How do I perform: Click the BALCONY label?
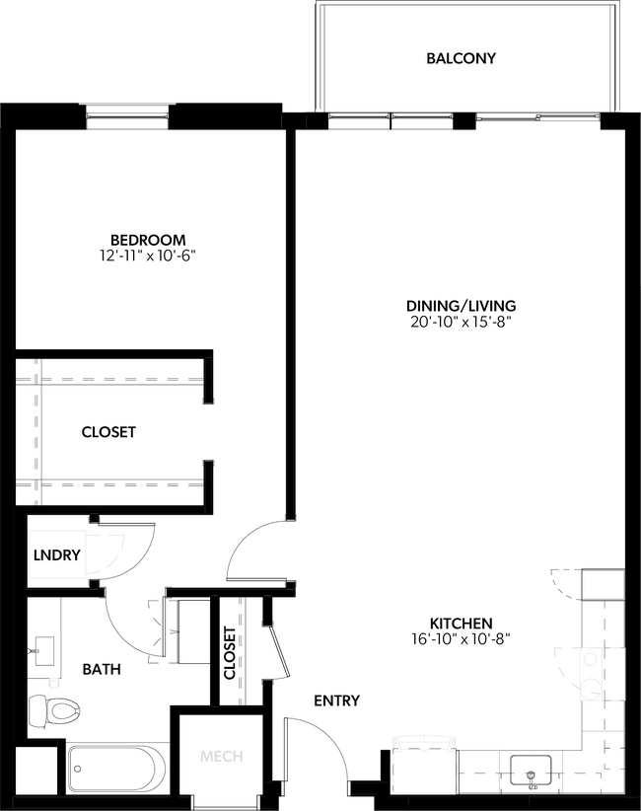pos(461,58)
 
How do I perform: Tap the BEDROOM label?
pos(148,240)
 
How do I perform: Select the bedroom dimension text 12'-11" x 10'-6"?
pos(148,256)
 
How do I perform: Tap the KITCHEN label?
pos(461,624)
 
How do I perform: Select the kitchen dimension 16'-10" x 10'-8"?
pos(461,639)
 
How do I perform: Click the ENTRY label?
pos(336,701)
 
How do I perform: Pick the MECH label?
pos(222,758)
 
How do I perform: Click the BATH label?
pos(102,669)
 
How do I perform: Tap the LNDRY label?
pos(56,554)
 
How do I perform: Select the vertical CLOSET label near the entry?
pos(230,653)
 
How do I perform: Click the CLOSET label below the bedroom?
pos(108,432)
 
